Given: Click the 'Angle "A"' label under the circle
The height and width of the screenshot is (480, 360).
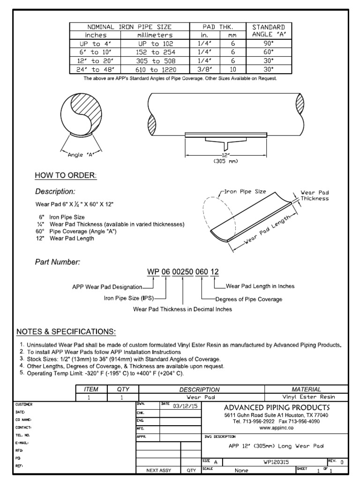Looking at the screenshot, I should click(81, 155).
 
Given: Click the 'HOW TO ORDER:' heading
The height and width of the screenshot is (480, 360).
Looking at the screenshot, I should click(66, 175).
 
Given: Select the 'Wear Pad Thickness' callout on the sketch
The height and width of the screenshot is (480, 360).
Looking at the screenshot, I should click(315, 195).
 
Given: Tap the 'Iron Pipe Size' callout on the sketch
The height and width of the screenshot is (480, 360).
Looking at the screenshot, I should click(245, 192).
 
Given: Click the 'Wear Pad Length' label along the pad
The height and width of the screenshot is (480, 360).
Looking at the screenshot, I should click(268, 231).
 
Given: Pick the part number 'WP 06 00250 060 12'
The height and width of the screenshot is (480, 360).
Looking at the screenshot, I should click(183, 272).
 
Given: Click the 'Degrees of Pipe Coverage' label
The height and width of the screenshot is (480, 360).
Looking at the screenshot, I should click(248, 299).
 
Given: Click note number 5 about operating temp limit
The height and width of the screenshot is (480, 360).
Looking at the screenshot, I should click(105, 373).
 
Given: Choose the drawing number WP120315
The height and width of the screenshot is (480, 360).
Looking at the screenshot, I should click(278, 462).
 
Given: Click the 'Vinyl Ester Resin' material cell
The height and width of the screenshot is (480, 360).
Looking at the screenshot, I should click(307, 397).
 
